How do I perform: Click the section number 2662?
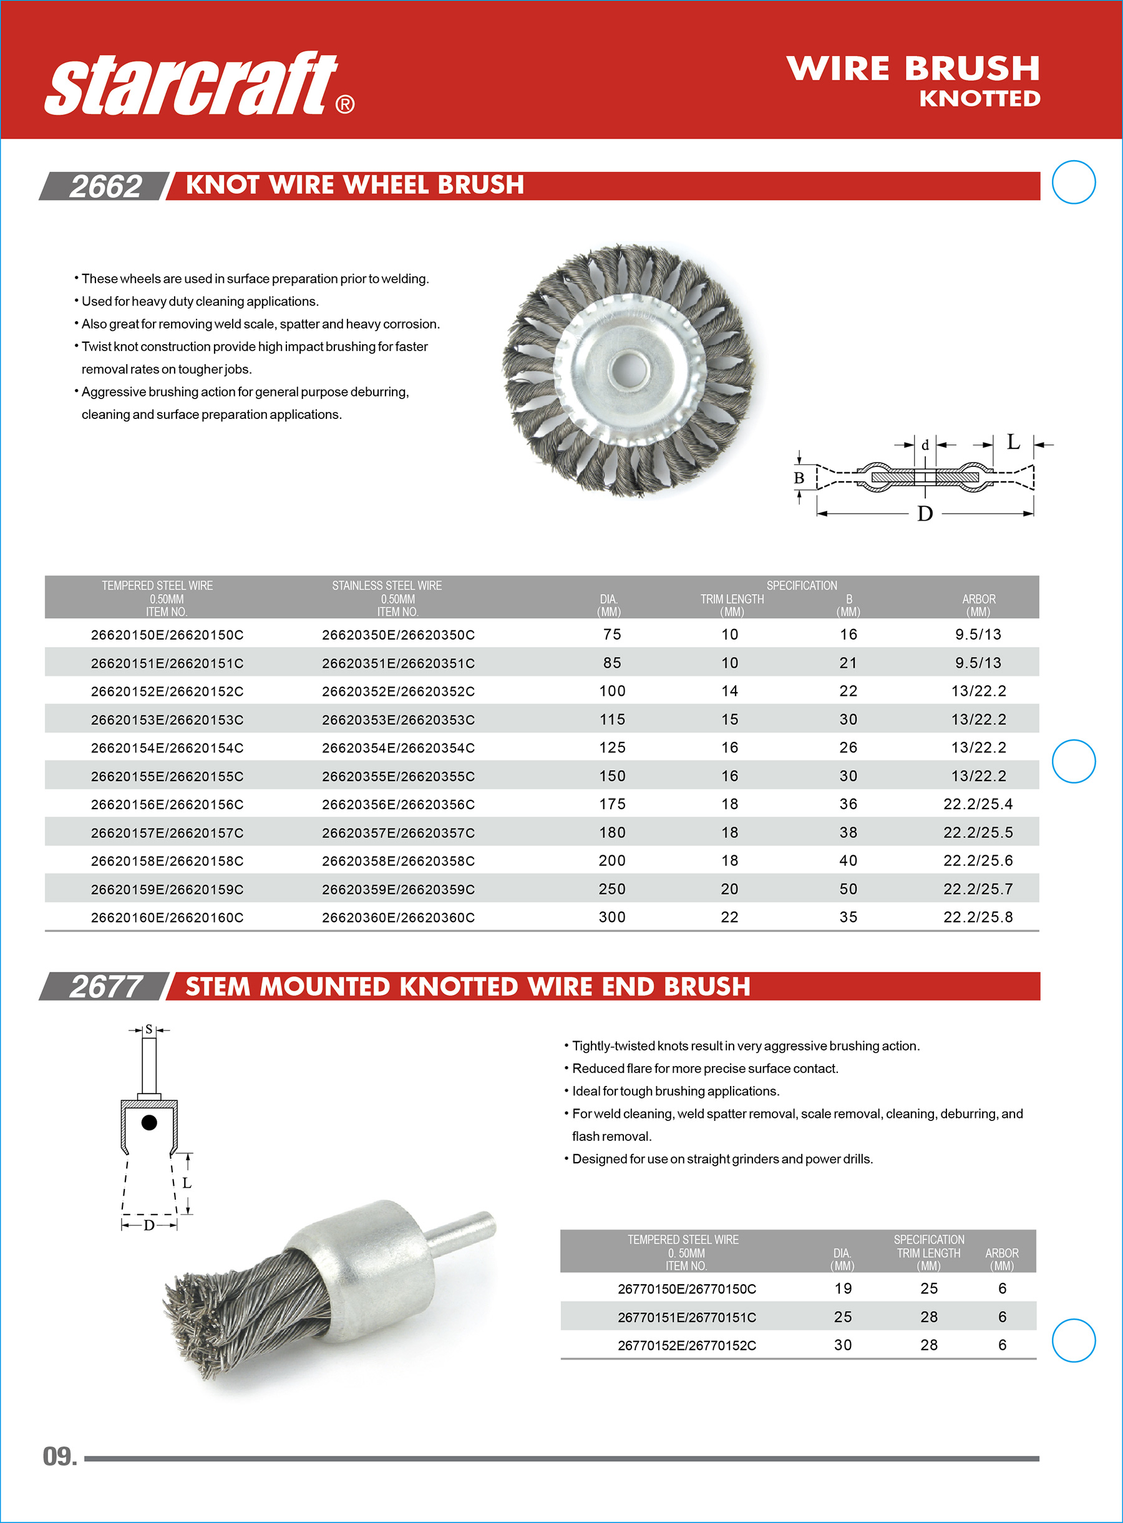(105, 187)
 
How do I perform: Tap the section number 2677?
(105, 986)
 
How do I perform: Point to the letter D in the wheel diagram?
(925, 514)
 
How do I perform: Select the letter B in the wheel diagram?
(799, 478)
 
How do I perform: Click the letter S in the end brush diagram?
(149, 1029)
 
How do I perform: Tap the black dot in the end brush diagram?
(149, 1122)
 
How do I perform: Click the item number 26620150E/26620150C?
(167, 635)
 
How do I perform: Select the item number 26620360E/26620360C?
(398, 918)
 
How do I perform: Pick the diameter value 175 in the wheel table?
(612, 804)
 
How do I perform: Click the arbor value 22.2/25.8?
(978, 918)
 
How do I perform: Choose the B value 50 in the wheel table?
(848, 889)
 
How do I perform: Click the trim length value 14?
(729, 691)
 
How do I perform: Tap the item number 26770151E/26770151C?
(686, 1317)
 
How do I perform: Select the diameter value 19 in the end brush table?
(843, 1289)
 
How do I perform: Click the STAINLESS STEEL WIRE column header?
(387, 585)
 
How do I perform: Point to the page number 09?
(60, 1456)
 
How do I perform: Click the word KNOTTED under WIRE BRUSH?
(980, 99)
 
